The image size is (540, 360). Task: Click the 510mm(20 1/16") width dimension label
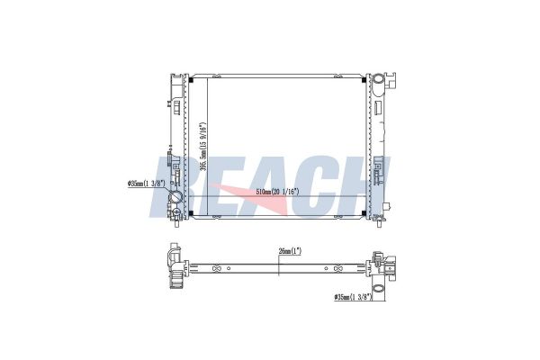[277, 193]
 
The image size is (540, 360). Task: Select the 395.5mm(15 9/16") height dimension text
[203, 147]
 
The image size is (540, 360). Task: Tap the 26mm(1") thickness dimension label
[290, 251]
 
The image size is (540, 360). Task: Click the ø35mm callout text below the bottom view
[354, 297]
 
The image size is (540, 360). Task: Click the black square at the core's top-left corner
[191, 81]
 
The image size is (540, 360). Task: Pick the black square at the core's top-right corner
[364, 81]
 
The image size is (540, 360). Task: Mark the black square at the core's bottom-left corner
[191, 213]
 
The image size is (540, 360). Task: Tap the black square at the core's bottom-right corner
[364, 213]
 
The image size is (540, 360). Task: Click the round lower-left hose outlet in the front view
[176, 197]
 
